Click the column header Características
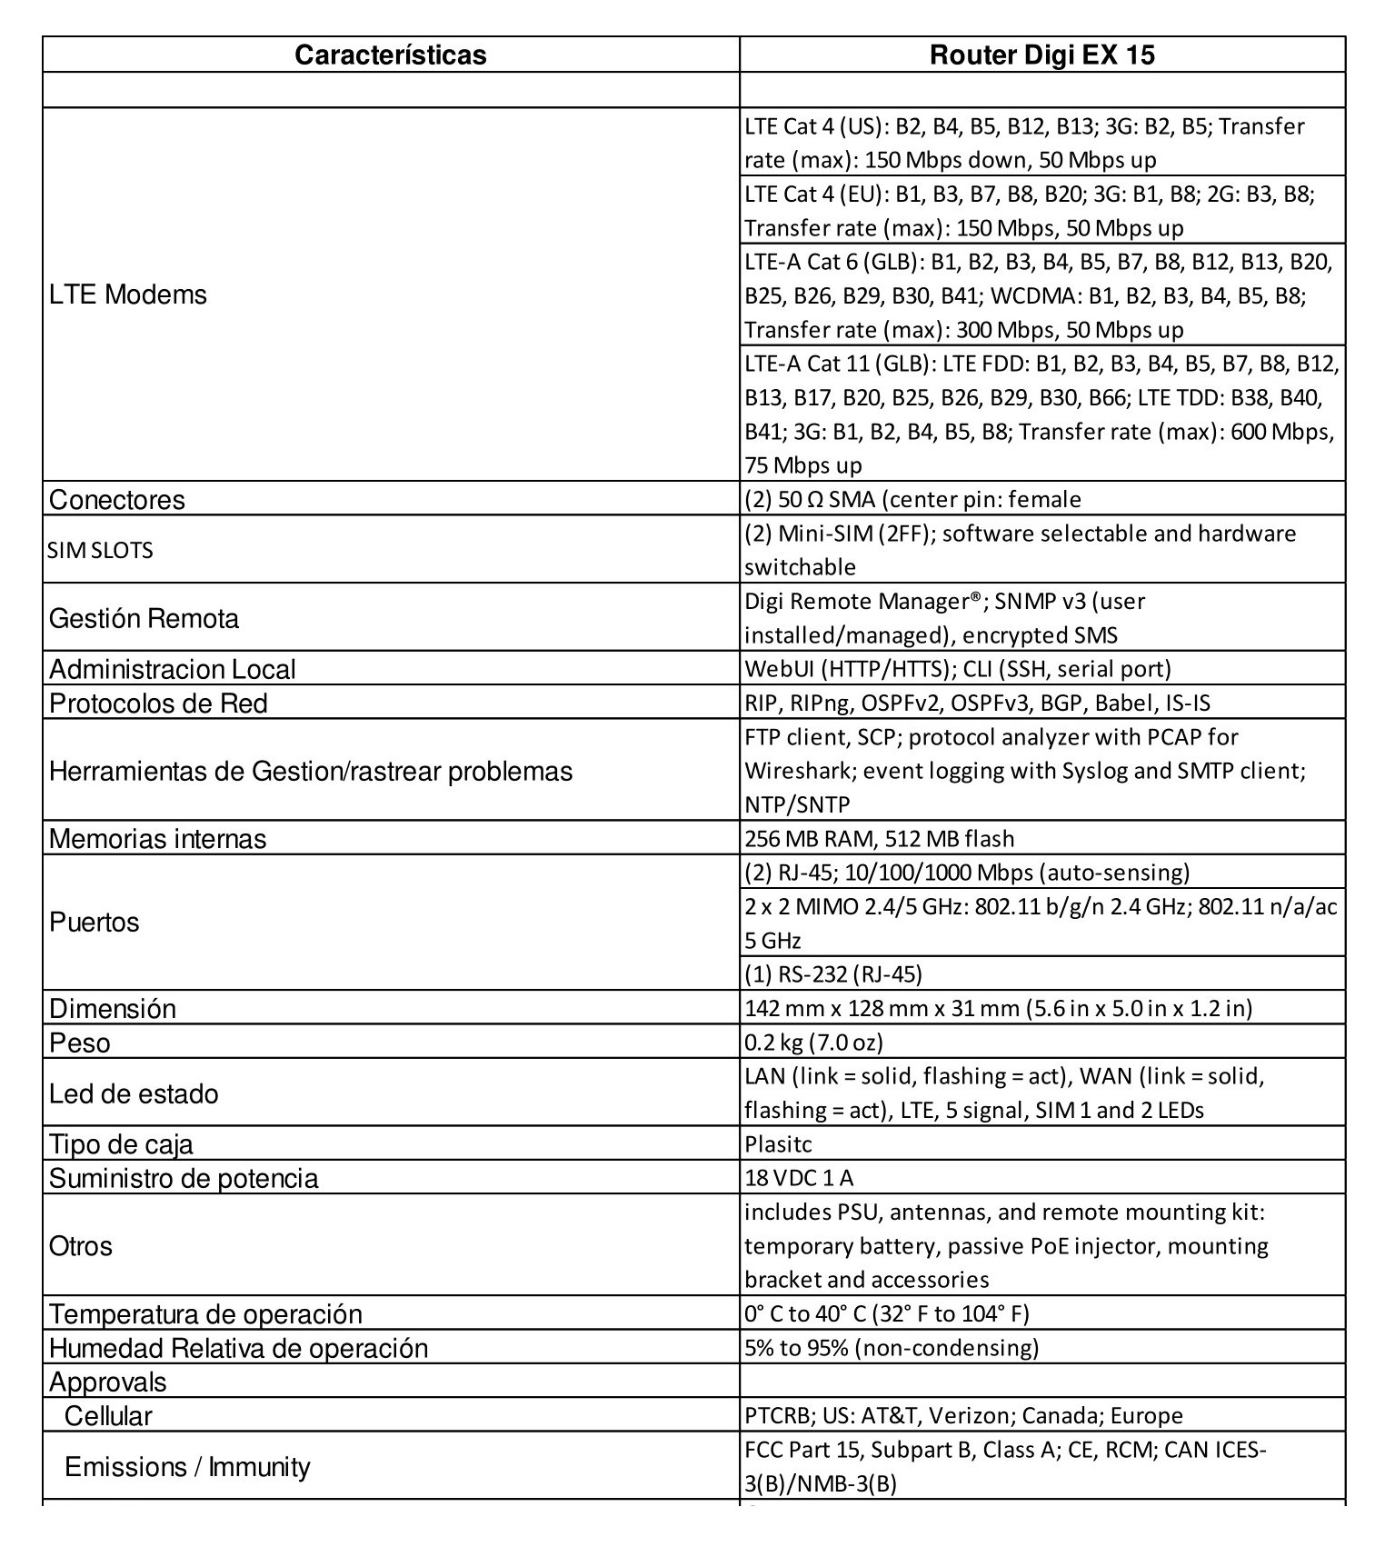tap(390, 55)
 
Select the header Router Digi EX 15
tap(1041, 55)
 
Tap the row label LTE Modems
tap(128, 294)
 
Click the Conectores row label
tap(117, 500)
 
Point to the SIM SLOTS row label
tap(100, 550)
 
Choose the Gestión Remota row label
tap(144, 618)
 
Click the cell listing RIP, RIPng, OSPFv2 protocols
tap(977, 703)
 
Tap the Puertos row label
tap(95, 922)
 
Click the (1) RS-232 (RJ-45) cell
tap(832, 974)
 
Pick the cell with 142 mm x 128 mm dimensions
tap(998, 1008)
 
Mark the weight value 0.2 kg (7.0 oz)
tap(813, 1042)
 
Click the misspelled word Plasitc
tap(778, 1143)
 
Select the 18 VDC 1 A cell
tap(799, 1178)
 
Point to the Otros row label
tap(81, 1245)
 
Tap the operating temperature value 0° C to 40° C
tap(886, 1313)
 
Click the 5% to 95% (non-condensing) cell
tap(891, 1347)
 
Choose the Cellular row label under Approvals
tap(108, 1415)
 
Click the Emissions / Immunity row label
tap(187, 1466)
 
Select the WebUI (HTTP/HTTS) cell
tap(958, 669)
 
